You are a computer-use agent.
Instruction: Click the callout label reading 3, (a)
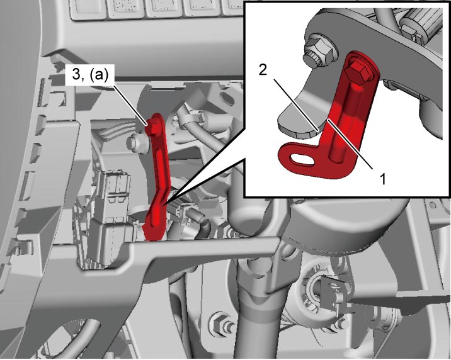tap(90, 76)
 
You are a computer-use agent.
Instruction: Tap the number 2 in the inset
tap(263, 69)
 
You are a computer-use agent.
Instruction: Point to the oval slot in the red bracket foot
tap(302, 159)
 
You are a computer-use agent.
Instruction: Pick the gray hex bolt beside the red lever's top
tap(137, 143)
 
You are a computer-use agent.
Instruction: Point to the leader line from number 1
tap(350, 144)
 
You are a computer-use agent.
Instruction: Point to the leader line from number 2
tap(295, 105)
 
